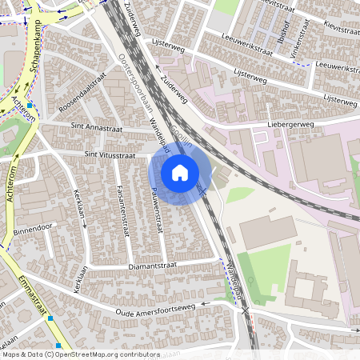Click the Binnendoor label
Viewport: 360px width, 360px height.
point(31,230)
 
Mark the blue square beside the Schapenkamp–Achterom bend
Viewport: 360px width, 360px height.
point(30,105)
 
